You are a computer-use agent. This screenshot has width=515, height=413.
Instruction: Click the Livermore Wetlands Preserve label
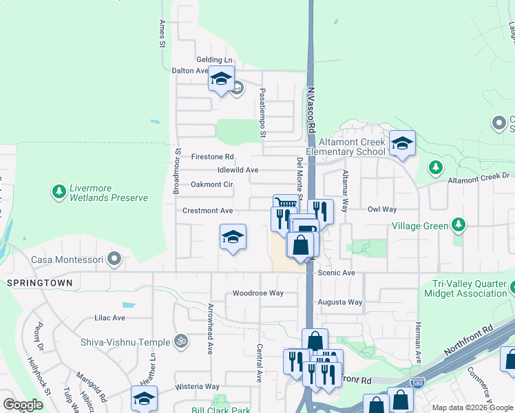coord(109,193)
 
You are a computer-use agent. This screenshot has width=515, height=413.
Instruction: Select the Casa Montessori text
coord(67,260)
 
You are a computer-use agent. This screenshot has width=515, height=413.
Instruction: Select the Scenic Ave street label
coord(336,273)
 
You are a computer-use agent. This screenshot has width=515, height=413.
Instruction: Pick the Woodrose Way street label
coord(257,293)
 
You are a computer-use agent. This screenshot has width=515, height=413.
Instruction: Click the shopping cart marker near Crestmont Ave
coord(286,202)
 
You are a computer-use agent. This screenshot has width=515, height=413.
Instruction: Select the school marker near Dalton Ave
coord(221,80)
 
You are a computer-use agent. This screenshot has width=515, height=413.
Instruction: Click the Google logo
coord(23,405)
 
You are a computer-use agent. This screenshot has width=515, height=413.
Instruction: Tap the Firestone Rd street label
coord(213,156)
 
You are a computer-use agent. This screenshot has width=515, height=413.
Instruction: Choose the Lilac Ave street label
coord(109,318)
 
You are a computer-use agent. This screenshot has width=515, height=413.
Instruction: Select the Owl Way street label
coord(382,209)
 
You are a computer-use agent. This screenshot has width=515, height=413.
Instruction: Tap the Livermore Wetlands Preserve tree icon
coord(59,191)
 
